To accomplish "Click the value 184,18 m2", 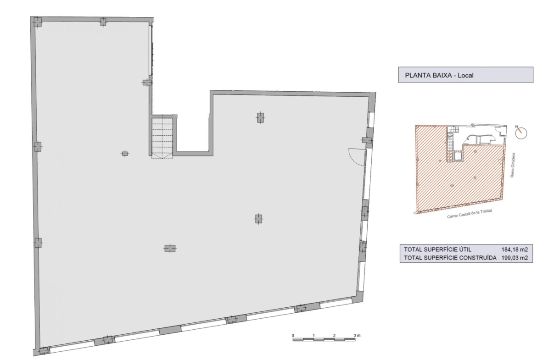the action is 515,249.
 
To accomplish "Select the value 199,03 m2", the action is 515,258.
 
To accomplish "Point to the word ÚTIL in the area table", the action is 464,249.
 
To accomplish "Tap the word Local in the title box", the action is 465,75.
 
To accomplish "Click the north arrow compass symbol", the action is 521,133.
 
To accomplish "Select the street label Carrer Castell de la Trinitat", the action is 470,214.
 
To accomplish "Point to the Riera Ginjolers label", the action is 513,165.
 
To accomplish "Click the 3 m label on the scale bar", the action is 357,335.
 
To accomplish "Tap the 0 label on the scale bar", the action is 293,335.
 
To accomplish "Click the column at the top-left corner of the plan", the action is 37,22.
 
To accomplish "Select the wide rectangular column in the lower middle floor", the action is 170,248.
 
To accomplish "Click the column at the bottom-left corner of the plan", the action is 44,351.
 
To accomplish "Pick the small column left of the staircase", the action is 125,154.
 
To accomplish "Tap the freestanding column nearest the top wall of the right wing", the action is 260,118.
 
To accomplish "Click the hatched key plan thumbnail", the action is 460,169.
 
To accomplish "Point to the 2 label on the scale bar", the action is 334,335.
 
